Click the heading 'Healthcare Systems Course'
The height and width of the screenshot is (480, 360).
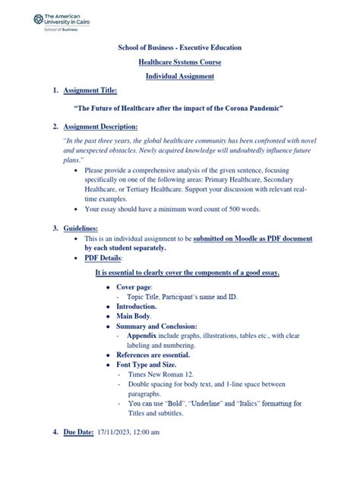click(x=180, y=62)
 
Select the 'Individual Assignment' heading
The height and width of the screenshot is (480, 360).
click(x=180, y=77)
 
